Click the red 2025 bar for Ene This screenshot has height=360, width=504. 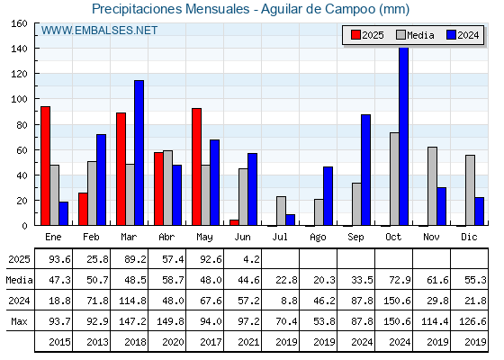click(45, 166)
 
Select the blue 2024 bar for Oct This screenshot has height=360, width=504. click(404, 137)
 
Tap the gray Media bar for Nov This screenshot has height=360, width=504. click(432, 186)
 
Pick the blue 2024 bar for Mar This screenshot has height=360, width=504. click(139, 153)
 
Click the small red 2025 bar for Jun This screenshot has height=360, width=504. click(234, 222)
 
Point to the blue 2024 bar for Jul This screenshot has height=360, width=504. click(290, 220)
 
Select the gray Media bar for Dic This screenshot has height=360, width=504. click(470, 190)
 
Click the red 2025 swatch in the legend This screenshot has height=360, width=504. click(355, 35)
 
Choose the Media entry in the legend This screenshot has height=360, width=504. click(415, 35)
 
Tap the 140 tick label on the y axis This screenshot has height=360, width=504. click(19, 49)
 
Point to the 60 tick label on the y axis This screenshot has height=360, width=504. click(22, 150)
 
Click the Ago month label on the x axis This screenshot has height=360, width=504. click(318, 238)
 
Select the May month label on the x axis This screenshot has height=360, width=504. click(204, 238)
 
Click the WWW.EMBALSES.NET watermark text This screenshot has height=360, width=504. click(99, 31)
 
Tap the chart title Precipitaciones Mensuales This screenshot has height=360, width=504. click(171, 9)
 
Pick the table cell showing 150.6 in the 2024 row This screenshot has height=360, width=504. click(397, 301)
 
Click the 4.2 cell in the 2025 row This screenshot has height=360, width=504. click(251, 259)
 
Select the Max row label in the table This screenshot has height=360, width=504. click(19, 321)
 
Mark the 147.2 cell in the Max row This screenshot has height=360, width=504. click(132, 321)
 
